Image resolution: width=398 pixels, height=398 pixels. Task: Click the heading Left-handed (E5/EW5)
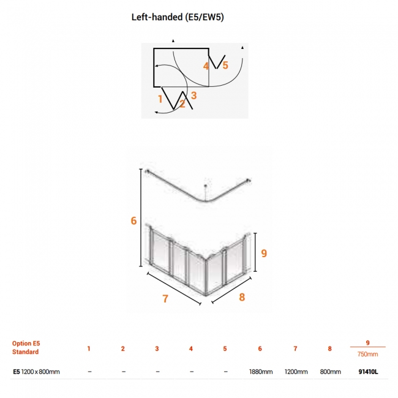[178, 17]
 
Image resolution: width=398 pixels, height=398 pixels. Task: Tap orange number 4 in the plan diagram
[206, 66]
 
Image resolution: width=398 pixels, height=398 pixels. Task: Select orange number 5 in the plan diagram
[225, 66]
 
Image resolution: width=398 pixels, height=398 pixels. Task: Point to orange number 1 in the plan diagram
[160, 99]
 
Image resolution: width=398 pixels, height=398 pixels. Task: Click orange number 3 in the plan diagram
[193, 96]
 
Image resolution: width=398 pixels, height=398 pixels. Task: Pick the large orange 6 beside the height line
[133, 220]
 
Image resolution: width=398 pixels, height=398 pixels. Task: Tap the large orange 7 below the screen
[165, 299]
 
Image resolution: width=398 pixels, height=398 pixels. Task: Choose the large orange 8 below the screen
[242, 297]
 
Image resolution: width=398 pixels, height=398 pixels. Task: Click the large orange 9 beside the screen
[264, 253]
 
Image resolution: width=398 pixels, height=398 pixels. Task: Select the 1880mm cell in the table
[261, 372]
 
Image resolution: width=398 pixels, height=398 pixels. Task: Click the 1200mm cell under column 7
[296, 372]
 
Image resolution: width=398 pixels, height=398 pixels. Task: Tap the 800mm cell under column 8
[330, 372]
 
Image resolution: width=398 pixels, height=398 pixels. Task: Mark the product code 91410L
[368, 372]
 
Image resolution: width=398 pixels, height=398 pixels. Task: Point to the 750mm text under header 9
[367, 354]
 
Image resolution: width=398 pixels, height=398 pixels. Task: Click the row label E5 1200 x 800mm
[36, 372]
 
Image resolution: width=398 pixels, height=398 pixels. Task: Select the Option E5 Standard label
[26, 348]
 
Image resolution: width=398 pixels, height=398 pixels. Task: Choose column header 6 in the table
[260, 349]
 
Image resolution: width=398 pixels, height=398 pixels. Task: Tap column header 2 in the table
[123, 349]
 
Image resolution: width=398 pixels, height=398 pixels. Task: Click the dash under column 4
[192, 372]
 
